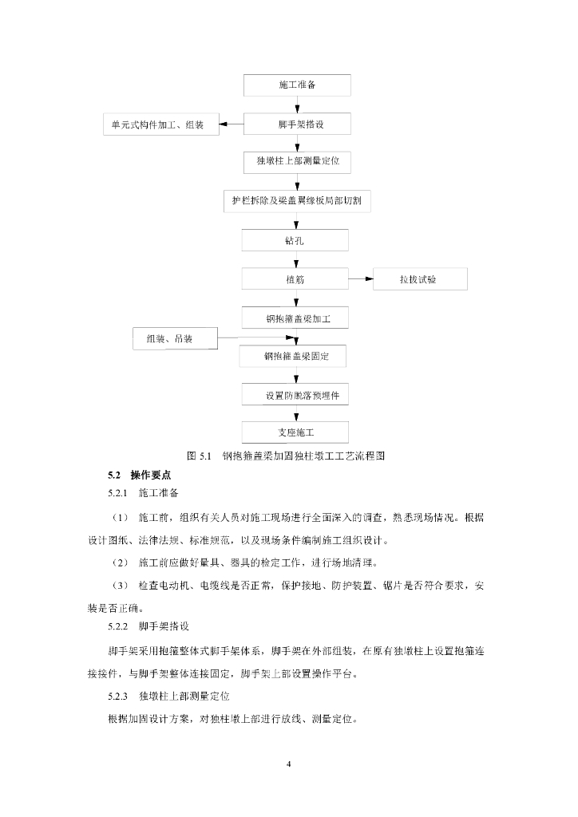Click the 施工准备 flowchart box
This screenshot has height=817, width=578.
coord(296,85)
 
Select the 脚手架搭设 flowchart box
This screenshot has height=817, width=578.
coord(296,124)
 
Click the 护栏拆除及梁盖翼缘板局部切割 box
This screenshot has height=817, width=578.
coord(296,200)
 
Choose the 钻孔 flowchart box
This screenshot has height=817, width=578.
coord(296,240)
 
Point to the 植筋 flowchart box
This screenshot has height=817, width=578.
coord(296,279)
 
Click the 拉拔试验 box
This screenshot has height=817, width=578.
coord(422,279)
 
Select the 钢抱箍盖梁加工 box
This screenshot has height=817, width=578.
coord(296,318)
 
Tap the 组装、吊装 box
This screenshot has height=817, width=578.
coord(175,338)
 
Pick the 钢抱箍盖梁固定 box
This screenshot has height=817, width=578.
coord(296,356)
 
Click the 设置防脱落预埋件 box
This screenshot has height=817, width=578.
coord(296,395)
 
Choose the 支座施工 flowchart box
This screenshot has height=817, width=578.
coord(296,432)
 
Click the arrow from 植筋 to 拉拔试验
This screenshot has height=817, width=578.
coord(362,279)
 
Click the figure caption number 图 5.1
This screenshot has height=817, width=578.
coord(197,456)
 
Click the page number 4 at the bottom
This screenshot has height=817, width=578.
coord(289,765)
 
